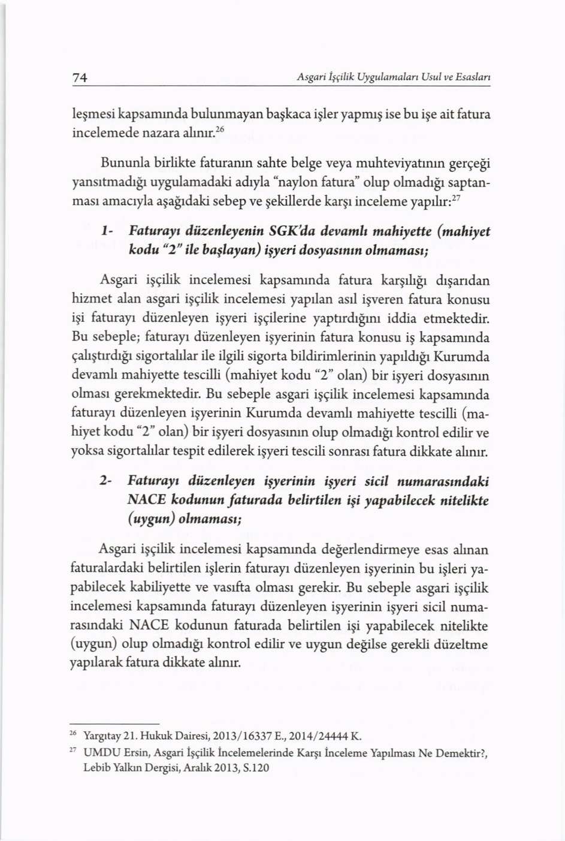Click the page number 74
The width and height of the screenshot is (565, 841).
(80, 77)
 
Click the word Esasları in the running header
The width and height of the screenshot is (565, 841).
(473, 77)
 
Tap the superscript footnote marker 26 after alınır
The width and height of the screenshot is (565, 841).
(220, 129)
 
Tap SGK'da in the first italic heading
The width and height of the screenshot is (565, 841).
(294, 231)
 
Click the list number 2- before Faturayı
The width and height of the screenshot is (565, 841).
(105, 481)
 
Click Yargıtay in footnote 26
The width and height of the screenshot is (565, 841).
(99, 736)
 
